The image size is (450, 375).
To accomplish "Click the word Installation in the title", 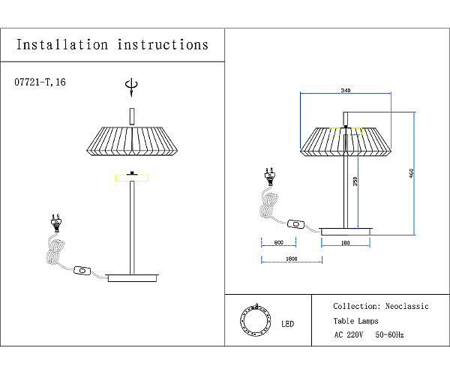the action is [62, 45].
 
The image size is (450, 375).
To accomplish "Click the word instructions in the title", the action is [163, 45].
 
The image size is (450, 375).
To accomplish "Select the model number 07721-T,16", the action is [40, 82].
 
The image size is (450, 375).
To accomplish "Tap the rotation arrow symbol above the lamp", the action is [131, 86].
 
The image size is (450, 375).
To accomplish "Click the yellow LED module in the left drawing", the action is [132, 178].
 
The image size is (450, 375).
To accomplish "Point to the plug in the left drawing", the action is [56, 223].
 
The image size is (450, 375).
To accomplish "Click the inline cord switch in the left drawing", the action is [82, 271].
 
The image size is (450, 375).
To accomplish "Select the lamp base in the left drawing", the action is [132, 277].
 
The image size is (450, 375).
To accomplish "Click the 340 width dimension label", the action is [346, 91].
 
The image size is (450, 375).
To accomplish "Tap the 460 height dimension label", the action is [412, 173].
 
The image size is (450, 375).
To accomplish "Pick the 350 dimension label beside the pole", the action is [355, 181].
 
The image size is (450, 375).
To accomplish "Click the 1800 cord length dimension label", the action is [292, 259].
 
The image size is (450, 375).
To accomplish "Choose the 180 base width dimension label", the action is [345, 243].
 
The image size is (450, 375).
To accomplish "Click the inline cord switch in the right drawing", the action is [296, 224].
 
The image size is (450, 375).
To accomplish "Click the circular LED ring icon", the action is [256, 320].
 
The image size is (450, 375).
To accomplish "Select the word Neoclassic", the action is [406, 306].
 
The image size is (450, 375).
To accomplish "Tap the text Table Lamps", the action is [355, 321].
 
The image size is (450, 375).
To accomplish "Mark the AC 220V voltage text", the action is [349, 334].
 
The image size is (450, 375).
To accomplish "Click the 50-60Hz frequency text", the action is [389, 334].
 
